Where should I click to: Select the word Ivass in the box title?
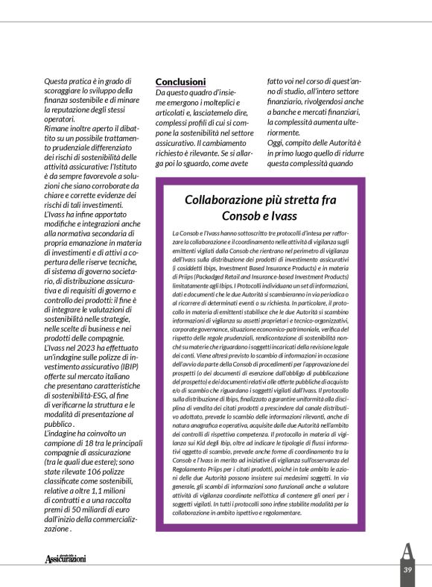280,216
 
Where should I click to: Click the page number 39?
407,570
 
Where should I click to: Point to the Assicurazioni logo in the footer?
66,559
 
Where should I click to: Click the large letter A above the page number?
407,552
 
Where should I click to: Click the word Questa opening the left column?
62,80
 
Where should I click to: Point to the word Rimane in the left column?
61,128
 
